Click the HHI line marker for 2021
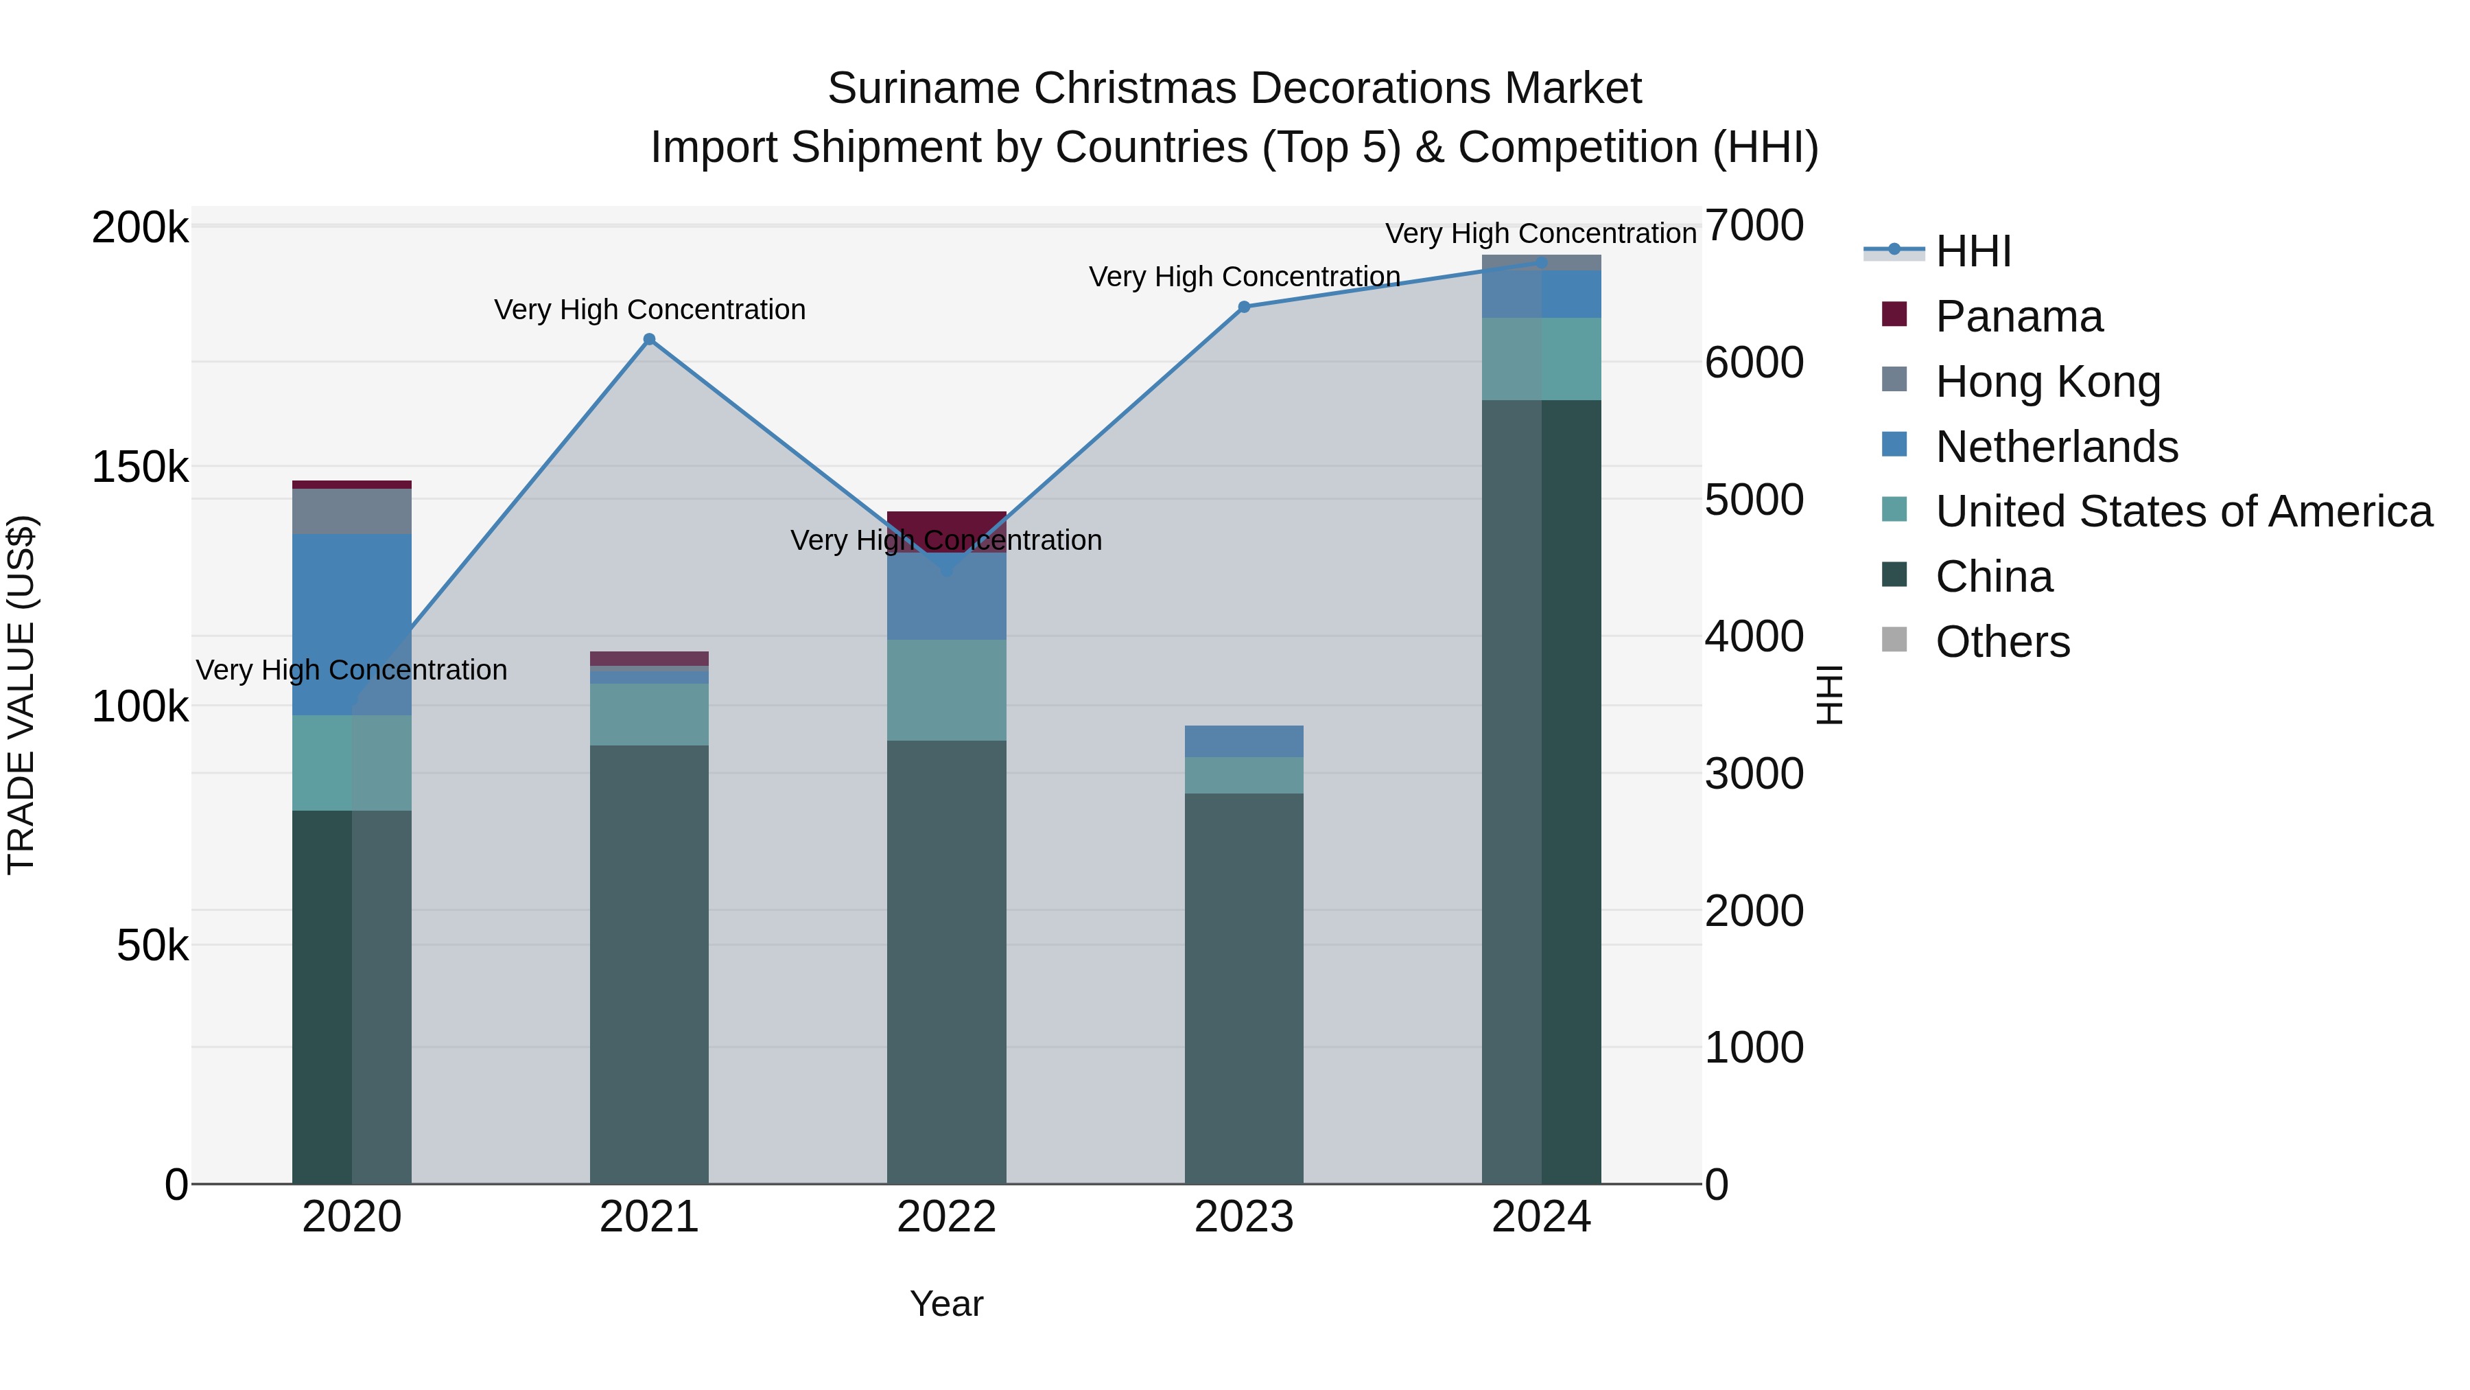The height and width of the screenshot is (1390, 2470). (x=649, y=340)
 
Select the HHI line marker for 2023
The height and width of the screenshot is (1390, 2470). (x=1244, y=307)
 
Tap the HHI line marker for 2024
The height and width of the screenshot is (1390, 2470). (x=1541, y=262)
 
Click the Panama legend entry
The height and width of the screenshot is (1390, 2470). (x=2019, y=316)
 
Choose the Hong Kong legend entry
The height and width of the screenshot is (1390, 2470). (x=2047, y=382)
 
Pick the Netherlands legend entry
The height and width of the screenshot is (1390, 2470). (x=2056, y=447)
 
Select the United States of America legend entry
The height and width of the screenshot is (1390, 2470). (x=2183, y=511)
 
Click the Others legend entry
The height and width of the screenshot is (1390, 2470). (x=2002, y=642)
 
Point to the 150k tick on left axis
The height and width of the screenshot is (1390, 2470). (x=140, y=468)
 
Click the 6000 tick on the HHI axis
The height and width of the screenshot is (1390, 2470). (x=1754, y=362)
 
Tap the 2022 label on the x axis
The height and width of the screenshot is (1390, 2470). (x=946, y=1217)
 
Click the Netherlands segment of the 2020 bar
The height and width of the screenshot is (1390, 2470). (x=352, y=623)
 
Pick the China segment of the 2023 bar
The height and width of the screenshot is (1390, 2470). (x=1244, y=988)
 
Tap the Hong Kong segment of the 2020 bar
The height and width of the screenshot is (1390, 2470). (x=352, y=510)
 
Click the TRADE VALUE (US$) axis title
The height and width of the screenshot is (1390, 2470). (x=21, y=695)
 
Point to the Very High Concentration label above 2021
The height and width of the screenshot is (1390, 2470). (x=649, y=310)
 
